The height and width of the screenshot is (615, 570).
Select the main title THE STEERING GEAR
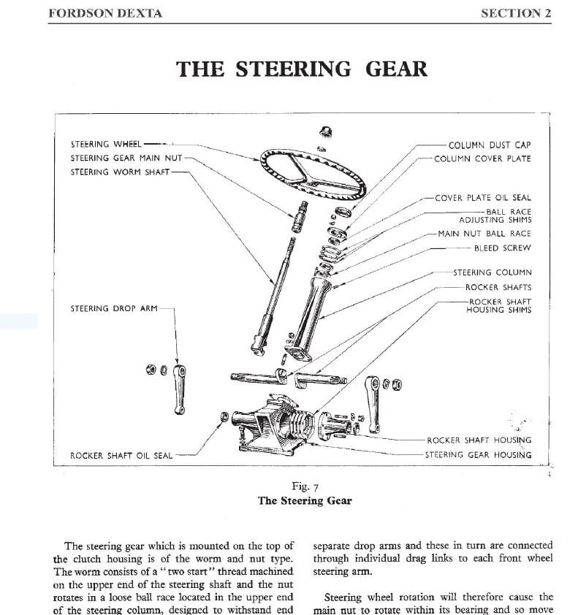pos(301,69)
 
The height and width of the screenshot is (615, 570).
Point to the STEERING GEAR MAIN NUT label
pos(126,158)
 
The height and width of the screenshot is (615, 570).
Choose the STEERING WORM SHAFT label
pos(120,172)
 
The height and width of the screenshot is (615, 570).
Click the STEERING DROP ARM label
pos(113,308)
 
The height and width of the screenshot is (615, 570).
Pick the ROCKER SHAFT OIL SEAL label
pos(121,455)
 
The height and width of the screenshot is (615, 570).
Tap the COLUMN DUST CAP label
pos(490,145)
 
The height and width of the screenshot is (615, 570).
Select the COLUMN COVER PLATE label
pos(482,158)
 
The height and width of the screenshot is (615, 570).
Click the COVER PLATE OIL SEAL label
pos(482,197)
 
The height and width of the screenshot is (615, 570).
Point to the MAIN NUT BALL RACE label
pos(484,234)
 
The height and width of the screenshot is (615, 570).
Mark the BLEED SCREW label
pos(502,248)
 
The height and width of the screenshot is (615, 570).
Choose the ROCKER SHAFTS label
pos(498,287)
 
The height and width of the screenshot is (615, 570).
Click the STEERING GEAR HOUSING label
pos(478,454)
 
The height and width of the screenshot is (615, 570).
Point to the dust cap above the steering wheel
pos(327,133)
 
